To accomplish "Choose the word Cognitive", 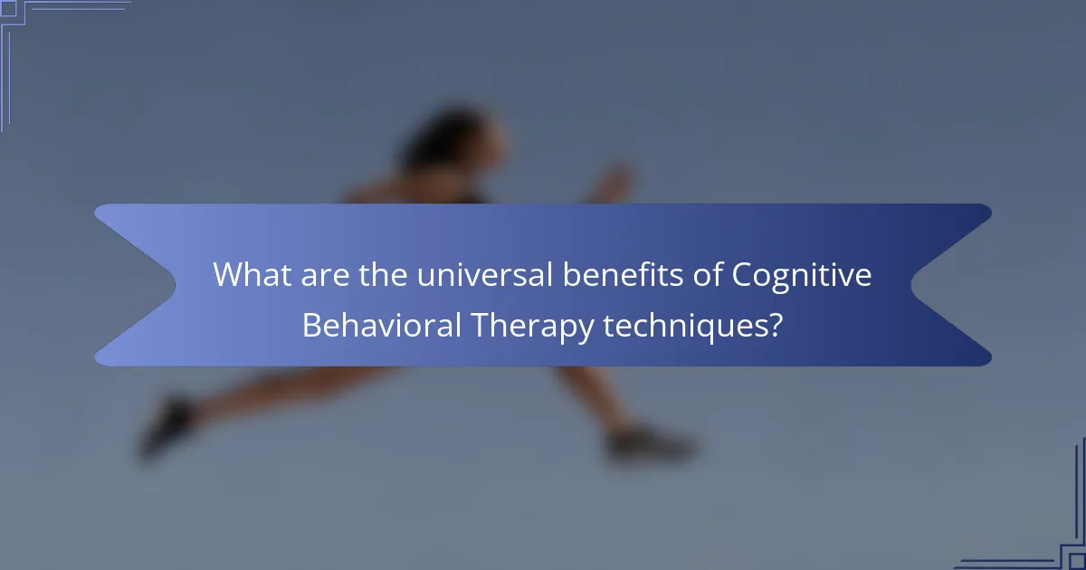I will click(x=802, y=275).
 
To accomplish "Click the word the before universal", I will click(x=384, y=275).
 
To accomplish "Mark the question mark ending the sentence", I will click(x=775, y=324).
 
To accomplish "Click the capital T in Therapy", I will click(x=476, y=324).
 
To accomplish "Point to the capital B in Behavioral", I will click(x=311, y=324).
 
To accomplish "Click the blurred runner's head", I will click(x=452, y=145).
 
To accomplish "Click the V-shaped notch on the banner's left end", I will click(x=172, y=285).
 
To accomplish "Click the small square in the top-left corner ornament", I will click(x=8, y=8).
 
